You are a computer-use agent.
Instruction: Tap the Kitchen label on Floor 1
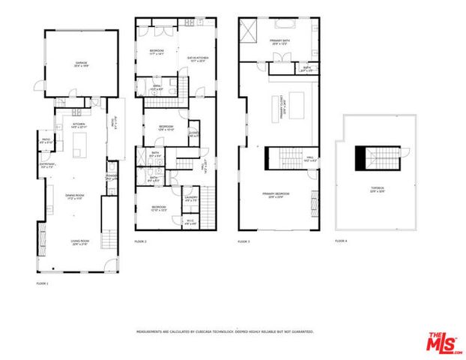79,125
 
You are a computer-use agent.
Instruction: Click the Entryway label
46,165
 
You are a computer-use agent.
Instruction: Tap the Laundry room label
191,199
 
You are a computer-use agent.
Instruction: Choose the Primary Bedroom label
276,196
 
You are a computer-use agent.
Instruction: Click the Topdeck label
378,190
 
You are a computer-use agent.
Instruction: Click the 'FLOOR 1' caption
42,283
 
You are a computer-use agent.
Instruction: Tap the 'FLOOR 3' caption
243,241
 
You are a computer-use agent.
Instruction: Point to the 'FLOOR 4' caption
341,241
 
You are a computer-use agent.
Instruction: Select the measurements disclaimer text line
224,331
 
